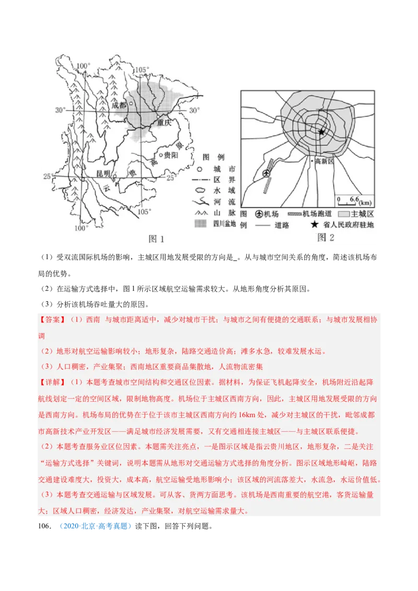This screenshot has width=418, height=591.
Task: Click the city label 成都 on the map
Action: tap(120, 104)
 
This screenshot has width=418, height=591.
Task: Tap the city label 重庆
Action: tap(164, 123)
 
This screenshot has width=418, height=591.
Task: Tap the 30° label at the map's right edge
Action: tap(194, 110)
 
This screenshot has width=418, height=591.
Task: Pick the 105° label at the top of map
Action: tap(142, 70)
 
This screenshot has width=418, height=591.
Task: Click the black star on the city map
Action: tap(321, 132)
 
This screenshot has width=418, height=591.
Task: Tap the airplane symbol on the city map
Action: tap(266, 173)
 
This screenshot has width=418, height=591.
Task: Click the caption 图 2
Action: tap(326, 238)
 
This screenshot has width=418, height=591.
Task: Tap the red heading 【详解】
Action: tap(52, 383)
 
